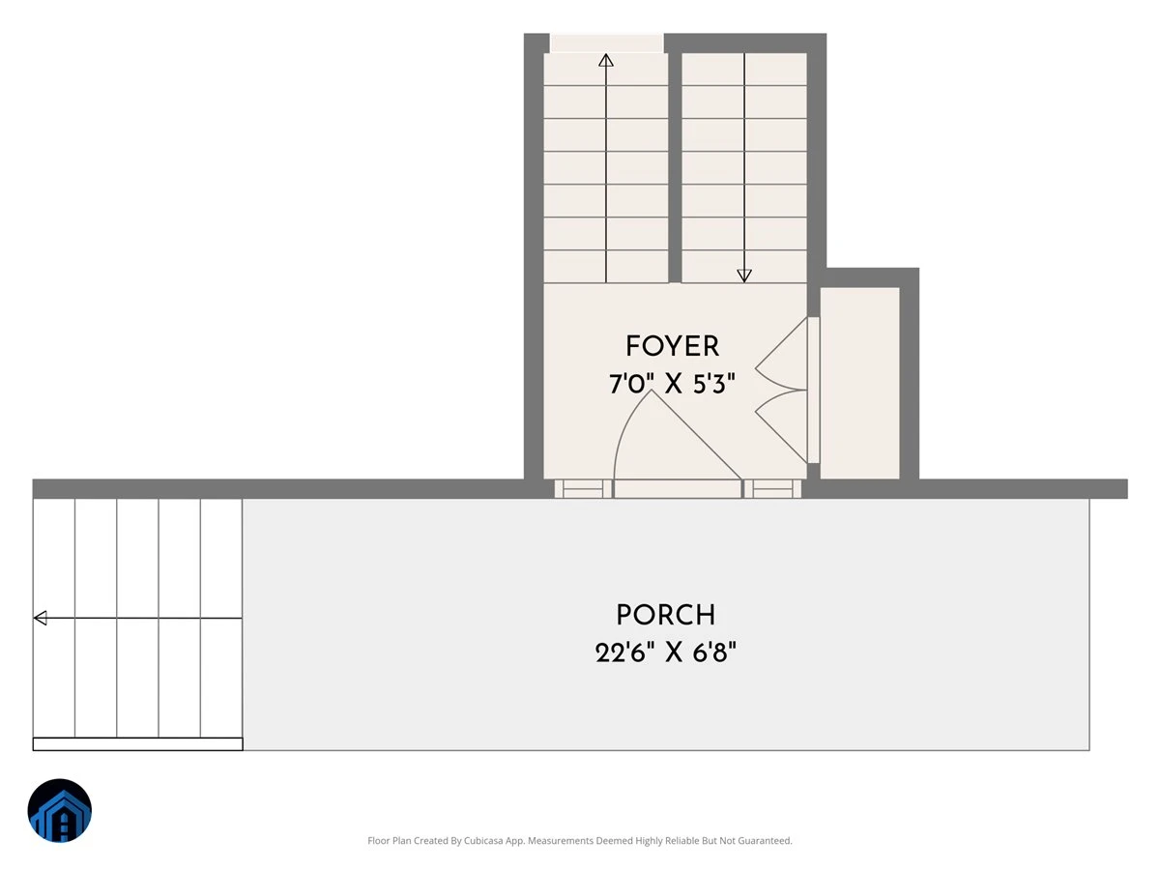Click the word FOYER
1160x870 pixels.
point(672,346)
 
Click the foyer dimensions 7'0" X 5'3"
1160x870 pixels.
point(672,384)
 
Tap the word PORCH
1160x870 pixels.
point(666,615)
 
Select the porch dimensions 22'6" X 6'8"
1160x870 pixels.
point(666,652)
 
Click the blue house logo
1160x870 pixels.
point(60,810)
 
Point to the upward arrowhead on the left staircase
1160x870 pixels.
point(606,60)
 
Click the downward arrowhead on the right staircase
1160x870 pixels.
point(744,275)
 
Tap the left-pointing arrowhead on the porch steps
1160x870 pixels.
point(41,618)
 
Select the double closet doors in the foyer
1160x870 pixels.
point(781,390)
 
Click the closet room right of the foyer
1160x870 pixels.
point(859,384)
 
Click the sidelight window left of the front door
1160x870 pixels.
point(583,488)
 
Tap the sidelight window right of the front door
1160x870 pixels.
point(772,488)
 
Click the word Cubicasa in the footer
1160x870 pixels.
point(483,840)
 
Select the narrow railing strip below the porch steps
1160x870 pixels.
point(138,743)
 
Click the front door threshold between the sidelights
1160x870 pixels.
point(678,488)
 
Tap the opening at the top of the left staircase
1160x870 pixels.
point(607,43)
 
